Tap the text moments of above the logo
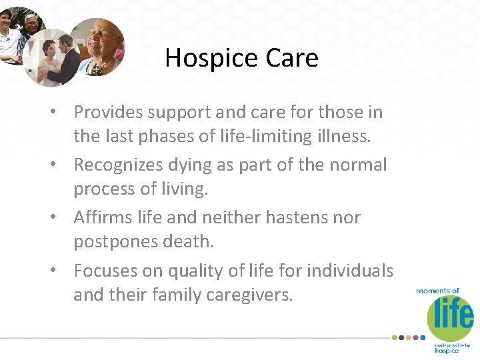point(438,291)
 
